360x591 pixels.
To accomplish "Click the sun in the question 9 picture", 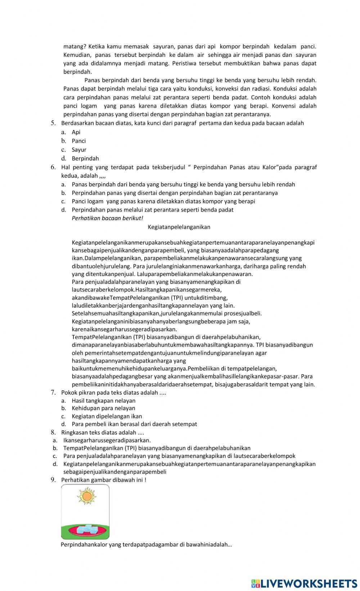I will [86, 497].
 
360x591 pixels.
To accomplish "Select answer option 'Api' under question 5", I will [76, 132].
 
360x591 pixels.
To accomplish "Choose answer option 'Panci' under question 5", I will [78, 141].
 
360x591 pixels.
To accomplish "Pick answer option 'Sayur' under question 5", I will [79, 150].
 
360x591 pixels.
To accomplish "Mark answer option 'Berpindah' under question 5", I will [85, 158].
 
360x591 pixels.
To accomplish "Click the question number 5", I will [53, 123].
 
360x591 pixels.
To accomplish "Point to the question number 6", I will [53, 167].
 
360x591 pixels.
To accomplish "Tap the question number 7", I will [53, 392].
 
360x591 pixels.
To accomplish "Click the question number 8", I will [53, 432].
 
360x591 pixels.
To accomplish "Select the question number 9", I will [53, 479].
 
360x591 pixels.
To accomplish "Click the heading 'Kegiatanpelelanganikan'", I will [179, 227].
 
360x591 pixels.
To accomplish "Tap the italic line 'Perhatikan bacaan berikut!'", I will [107, 218].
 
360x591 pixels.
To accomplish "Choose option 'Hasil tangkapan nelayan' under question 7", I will [104, 400].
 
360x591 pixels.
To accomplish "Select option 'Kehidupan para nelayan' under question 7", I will [103, 408].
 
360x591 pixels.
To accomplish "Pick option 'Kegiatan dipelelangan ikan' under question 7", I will [107, 416].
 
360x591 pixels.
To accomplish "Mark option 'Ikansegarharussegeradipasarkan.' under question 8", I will [107, 440].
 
